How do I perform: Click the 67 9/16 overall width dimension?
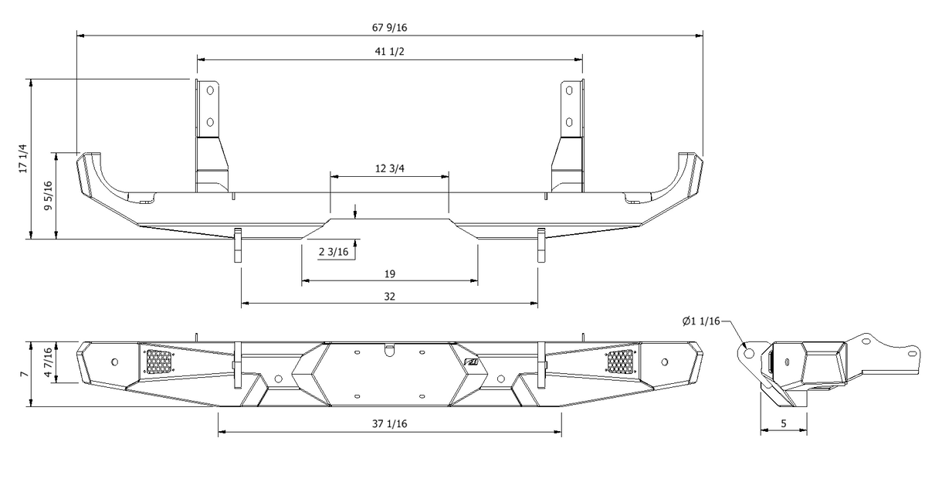click(x=389, y=28)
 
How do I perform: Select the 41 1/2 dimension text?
click(x=389, y=51)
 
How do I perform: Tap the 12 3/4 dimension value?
click(x=389, y=168)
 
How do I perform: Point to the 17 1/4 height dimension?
click(x=23, y=158)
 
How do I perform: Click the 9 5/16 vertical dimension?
click(x=49, y=195)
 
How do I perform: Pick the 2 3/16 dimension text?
click(x=334, y=252)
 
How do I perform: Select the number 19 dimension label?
click(x=390, y=274)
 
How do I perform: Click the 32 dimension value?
click(x=389, y=297)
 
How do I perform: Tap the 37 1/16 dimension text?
click(x=389, y=424)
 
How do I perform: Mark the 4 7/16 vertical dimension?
click(x=49, y=362)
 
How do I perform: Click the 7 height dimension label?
click(x=23, y=374)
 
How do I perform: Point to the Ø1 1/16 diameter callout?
click(x=701, y=321)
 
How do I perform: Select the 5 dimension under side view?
click(x=784, y=423)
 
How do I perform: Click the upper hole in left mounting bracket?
click(x=210, y=90)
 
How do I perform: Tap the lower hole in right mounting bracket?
click(x=569, y=123)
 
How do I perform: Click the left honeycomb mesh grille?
click(x=159, y=362)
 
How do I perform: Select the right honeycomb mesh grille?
click(x=620, y=362)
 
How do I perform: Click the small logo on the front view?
click(x=471, y=362)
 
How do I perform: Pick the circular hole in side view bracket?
click(x=748, y=353)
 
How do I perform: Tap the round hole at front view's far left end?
click(x=114, y=362)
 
